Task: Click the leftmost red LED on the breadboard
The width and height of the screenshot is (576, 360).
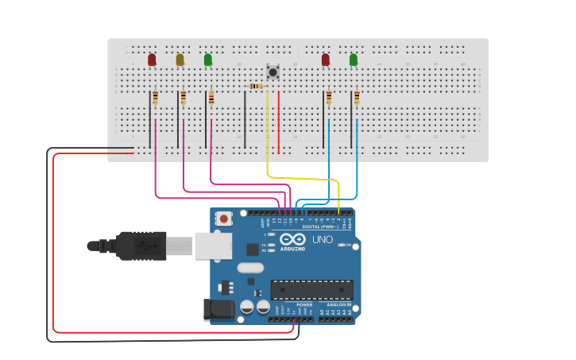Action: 152,60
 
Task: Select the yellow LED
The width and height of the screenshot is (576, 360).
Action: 180,60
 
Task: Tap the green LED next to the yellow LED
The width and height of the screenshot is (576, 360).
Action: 208,60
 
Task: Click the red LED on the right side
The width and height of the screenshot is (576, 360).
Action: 325,60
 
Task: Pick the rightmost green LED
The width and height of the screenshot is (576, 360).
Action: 354,60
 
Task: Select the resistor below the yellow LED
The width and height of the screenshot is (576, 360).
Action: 184,98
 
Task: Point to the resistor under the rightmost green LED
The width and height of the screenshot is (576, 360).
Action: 357,98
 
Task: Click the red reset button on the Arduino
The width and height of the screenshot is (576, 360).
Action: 224,219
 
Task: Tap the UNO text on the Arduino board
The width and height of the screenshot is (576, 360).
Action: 323,239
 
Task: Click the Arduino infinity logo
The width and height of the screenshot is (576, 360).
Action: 292,239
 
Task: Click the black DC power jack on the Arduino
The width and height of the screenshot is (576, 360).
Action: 219,309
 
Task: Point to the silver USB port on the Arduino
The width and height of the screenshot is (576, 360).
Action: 213,246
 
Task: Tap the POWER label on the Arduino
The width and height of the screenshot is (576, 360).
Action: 304,304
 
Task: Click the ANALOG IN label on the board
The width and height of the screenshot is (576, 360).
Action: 338,304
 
